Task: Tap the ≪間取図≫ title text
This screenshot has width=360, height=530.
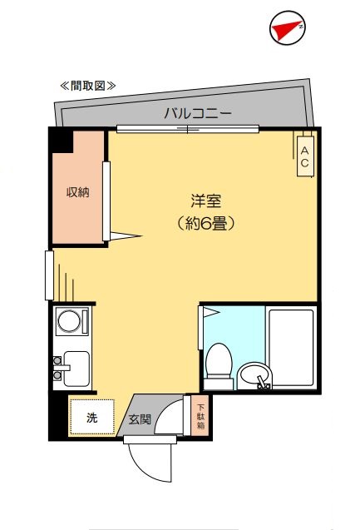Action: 87,86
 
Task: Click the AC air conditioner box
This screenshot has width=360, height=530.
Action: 304,156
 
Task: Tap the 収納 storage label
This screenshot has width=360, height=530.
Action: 78,193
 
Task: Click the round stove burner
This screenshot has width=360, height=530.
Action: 71,322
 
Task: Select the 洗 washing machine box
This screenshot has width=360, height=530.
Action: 91,418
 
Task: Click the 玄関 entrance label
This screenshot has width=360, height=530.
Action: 139,419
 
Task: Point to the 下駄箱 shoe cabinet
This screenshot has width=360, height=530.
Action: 200,414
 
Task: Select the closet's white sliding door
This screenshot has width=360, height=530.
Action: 106,201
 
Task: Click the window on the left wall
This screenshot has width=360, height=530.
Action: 49,275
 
